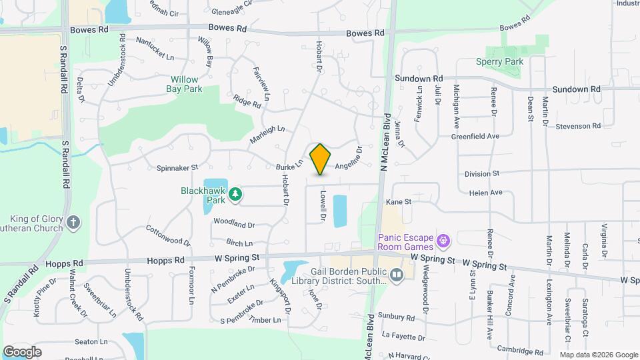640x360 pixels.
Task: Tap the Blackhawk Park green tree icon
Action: pyautogui.click(x=235, y=195)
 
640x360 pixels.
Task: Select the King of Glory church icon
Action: pyautogui.click(x=73, y=222)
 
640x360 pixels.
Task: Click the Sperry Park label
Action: pyautogui.click(x=518, y=62)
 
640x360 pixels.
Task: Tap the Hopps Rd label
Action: pyautogui.click(x=63, y=264)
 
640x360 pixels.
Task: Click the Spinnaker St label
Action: pyautogui.click(x=177, y=167)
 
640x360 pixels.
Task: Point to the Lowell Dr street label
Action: pyautogui.click(x=322, y=207)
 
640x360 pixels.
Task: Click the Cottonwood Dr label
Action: pyautogui.click(x=168, y=234)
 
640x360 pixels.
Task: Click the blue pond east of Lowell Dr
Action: pyautogui.click(x=339, y=211)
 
